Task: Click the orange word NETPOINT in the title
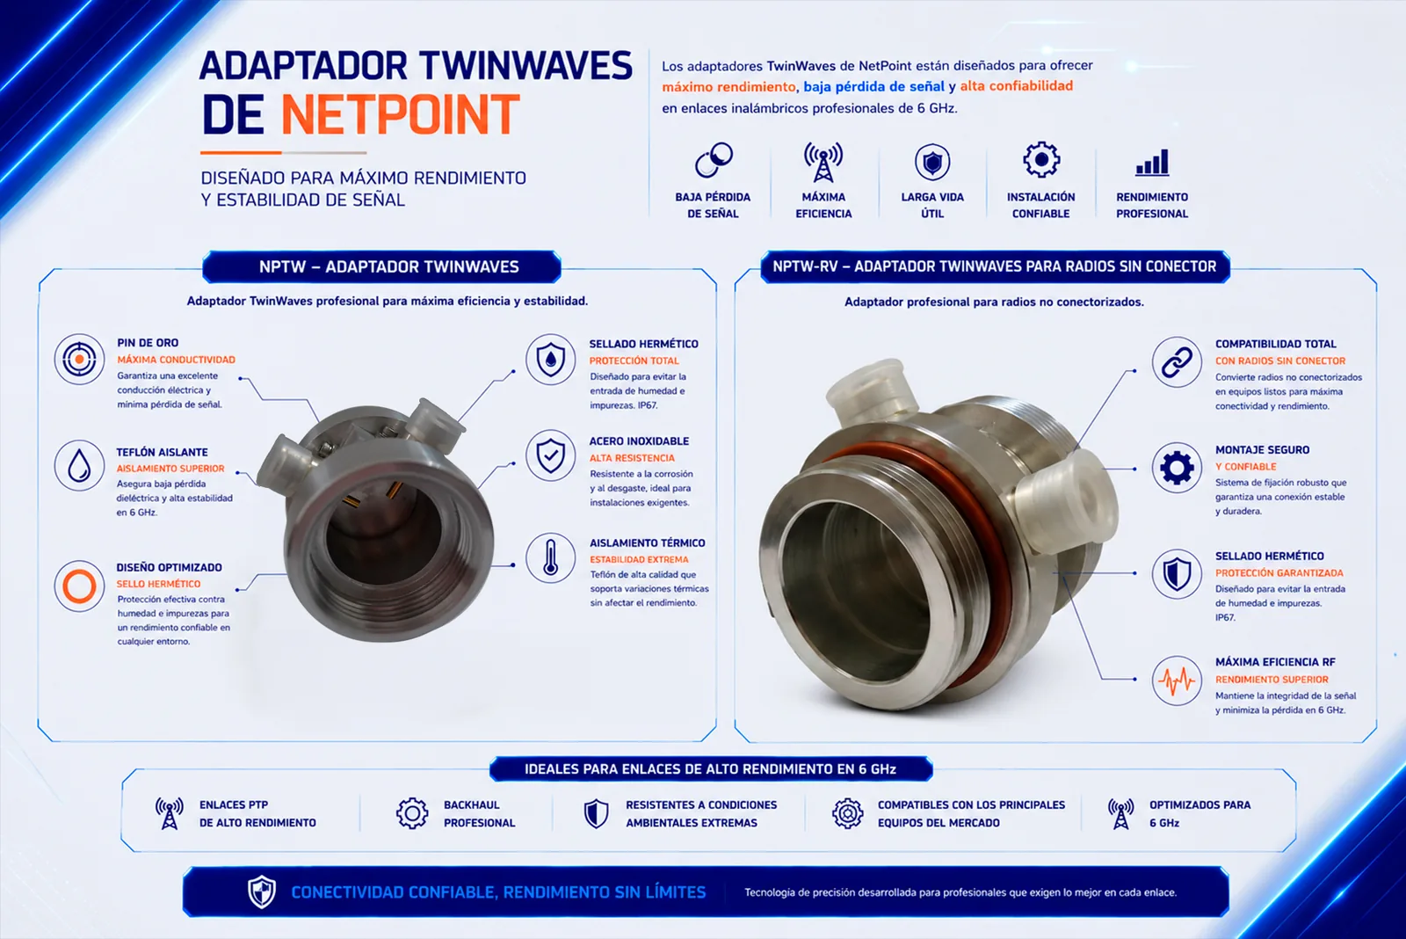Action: coord(400,114)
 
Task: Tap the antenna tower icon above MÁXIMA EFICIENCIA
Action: coord(823,162)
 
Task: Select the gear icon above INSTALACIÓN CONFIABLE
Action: coord(1040,159)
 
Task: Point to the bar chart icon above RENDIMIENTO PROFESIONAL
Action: coord(1152,162)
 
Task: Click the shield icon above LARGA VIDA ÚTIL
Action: coord(932,162)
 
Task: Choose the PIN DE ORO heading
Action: coord(148,343)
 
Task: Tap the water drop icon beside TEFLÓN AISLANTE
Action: coord(79,466)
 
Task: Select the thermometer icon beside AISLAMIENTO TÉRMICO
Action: coord(550,557)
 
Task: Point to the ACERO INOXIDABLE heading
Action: coord(639,440)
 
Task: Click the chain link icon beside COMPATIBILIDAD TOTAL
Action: coord(1177,362)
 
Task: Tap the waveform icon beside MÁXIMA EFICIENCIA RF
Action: coord(1177,681)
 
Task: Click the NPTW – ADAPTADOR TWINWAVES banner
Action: coord(381,267)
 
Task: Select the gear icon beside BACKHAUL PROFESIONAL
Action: coord(412,813)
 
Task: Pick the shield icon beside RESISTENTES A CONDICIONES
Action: coord(596,813)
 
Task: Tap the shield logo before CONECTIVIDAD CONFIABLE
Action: coord(262,892)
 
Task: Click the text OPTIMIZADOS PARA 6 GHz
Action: coord(1199,813)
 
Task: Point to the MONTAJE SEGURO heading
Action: coord(1262,449)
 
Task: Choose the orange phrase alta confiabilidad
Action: coord(1016,86)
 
